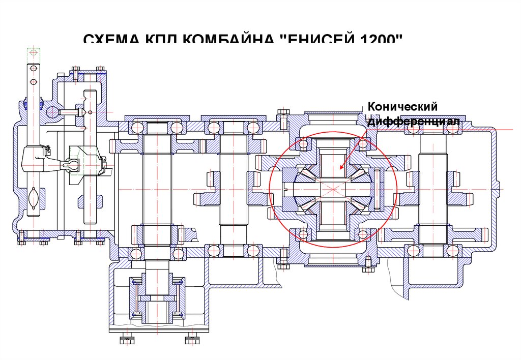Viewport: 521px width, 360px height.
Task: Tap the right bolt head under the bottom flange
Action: (x=192, y=339)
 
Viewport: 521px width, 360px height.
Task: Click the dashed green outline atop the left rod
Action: (x=33, y=52)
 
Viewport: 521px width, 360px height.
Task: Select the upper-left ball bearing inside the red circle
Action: (x=304, y=144)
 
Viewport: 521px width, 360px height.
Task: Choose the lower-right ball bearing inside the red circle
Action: (x=362, y=234)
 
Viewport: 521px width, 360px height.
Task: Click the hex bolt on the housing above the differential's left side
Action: (x=283, y=117)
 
